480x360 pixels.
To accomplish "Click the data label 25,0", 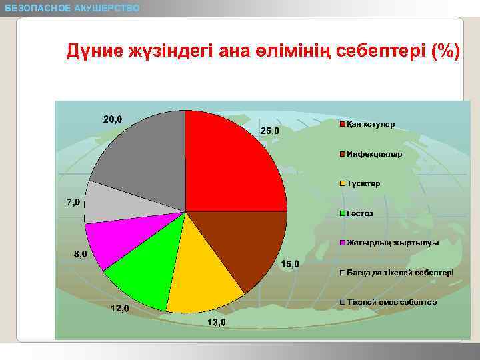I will pyautogui.click(x=270, y=131).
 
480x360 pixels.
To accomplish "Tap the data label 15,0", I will pyautogui.click(x=289, y=265).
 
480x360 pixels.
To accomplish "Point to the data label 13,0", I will pyautogui.click(x=217, y=323).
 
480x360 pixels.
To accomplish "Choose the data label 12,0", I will pyautogui.click(x=120, y=309).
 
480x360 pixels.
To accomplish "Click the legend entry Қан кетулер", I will pyautogui.click(x=370, y=125).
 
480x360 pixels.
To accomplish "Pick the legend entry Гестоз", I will pyautogui.click(x=360, y=213).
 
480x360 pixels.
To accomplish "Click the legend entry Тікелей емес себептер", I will pyautogui.click(x=391, y=302).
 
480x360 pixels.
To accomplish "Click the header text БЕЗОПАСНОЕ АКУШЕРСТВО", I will pyautogui.click(x=72, y=8).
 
